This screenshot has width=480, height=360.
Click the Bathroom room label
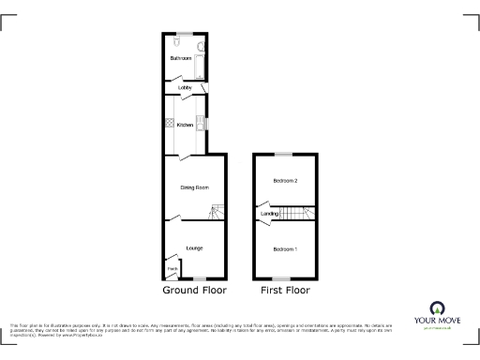click(180, 59)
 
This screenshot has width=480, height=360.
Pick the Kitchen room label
click(185, 125)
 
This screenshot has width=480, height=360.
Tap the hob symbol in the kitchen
click(170, 124)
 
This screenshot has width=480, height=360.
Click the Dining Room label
click(193, 187)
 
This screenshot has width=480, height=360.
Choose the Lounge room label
click(194, 247)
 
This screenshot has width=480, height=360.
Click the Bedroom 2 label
click(285, 180)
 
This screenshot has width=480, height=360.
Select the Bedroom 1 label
click(285, 248)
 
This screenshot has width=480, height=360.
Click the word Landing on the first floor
click(268, 214)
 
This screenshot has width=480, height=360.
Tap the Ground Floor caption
click(194, 291)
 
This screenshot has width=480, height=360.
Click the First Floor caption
click(285, 291)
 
